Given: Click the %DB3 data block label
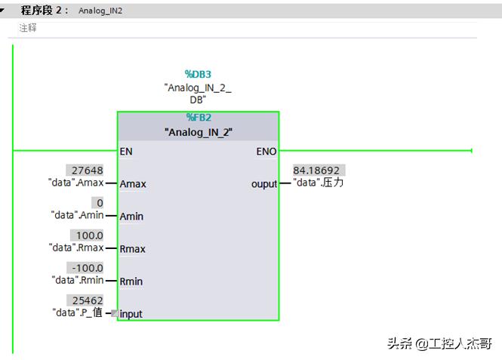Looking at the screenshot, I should tap(198, 75).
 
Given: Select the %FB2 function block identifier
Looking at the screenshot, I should tap(199, 117).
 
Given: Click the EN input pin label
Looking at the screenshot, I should tap(126, 151).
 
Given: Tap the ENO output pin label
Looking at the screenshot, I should tap(266, 151).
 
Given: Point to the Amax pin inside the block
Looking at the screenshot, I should tap(133, 184).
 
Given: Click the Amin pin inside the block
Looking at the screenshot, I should tap(131, 217).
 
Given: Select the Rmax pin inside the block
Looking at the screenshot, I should tap(133, 249).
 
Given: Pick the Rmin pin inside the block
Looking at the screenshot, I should tap(131, 282).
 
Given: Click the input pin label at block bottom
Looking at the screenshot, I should tap(131, 314).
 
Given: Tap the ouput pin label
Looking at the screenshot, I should tap(264, 184).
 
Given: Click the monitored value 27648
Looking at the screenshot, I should tap(85, 171).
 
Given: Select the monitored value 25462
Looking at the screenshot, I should tap(85, 300).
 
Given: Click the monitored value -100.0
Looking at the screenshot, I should tap(85, 268).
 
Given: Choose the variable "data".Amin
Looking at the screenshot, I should tap(77, 215).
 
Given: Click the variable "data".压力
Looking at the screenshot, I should tap(318, 183).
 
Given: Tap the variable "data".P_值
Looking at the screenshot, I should tap(77, 312).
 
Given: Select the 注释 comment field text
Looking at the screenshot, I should tap(28, 28).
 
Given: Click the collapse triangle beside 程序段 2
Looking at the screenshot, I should tap(5, 11).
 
